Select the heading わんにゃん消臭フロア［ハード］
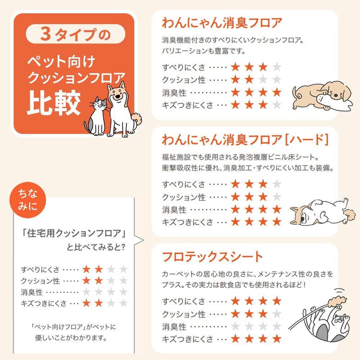coord(245,140)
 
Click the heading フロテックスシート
coord(213,257)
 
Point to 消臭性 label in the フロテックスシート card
coord(174,327)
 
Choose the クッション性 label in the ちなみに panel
coord(40,280)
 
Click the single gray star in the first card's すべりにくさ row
coord(276,67)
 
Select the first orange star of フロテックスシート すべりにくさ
coord(235,301)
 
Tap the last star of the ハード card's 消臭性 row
coord(276,209)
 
